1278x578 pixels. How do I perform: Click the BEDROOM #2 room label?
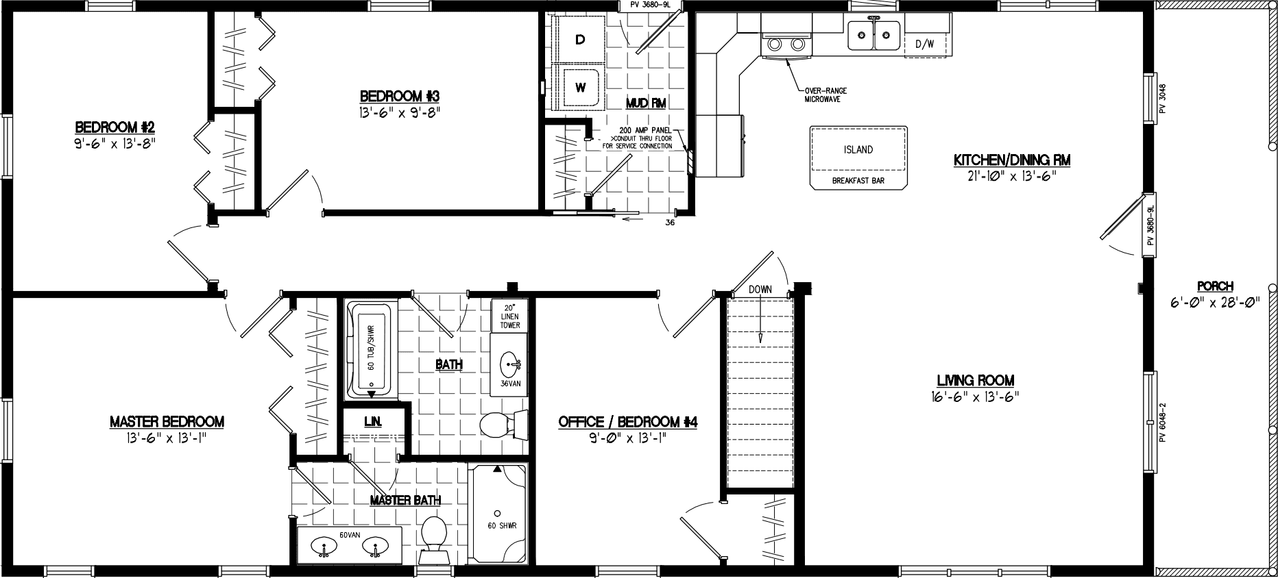click(115, 127)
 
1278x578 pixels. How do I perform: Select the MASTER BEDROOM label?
click(167, 422)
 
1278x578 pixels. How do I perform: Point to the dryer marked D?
click(579, 40)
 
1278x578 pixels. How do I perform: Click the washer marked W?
click(580, 87)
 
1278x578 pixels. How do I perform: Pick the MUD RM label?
click(646, 103)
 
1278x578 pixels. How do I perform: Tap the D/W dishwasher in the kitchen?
click(924, 45)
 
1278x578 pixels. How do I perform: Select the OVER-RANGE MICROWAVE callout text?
click(823, 95)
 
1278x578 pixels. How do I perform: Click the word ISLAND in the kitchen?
click(858, 149)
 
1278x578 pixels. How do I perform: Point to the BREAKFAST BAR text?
click(858, 181)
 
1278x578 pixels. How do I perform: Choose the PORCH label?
click(1216, 286)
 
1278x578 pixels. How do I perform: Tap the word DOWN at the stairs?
click(760, 290)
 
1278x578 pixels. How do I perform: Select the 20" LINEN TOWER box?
click(509, 316)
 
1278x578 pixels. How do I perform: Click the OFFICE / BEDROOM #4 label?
click(627, 423)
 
